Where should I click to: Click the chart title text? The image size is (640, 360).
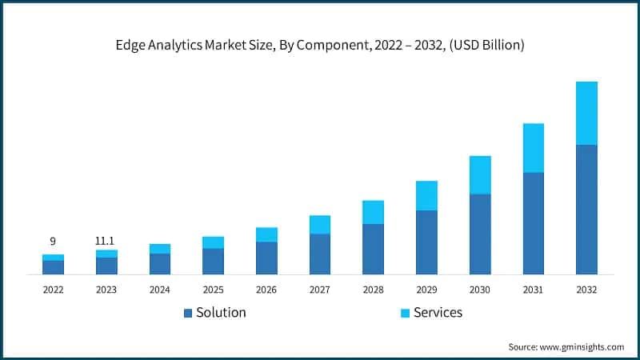[x=319, y=46]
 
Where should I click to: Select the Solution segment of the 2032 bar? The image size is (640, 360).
[x=586, y=210]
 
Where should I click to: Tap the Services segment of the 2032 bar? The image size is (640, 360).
[x=586, y=113]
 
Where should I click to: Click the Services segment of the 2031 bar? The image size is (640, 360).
[x=533, y=148]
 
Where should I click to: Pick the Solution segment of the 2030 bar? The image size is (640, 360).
[x=480, y=234]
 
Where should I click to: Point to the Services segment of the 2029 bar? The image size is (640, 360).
[x=426, y=195]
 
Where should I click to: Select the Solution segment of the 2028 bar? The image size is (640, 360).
[x=373, y=249]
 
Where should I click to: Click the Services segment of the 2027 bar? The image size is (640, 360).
[x=320, y=224]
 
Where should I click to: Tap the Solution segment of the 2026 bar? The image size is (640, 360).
[x=266, y=258]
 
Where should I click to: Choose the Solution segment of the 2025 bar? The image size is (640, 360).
[x=213, y=261]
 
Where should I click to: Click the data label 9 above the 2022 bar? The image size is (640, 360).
[x=53, y=241]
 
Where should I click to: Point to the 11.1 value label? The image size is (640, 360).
[x=106, y=240]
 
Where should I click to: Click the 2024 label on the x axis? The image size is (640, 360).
[x=160, y=290]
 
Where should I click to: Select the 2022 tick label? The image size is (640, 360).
[x=53, y=290]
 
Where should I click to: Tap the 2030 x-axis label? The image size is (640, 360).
[x=480, y=290]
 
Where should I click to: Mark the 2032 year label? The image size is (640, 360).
[x=586, y=290]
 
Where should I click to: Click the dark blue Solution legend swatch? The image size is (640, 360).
[x=188, y=313]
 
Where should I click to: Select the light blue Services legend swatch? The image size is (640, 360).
[x=405, y=313]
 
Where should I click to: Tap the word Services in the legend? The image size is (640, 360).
[x=438, y=313]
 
